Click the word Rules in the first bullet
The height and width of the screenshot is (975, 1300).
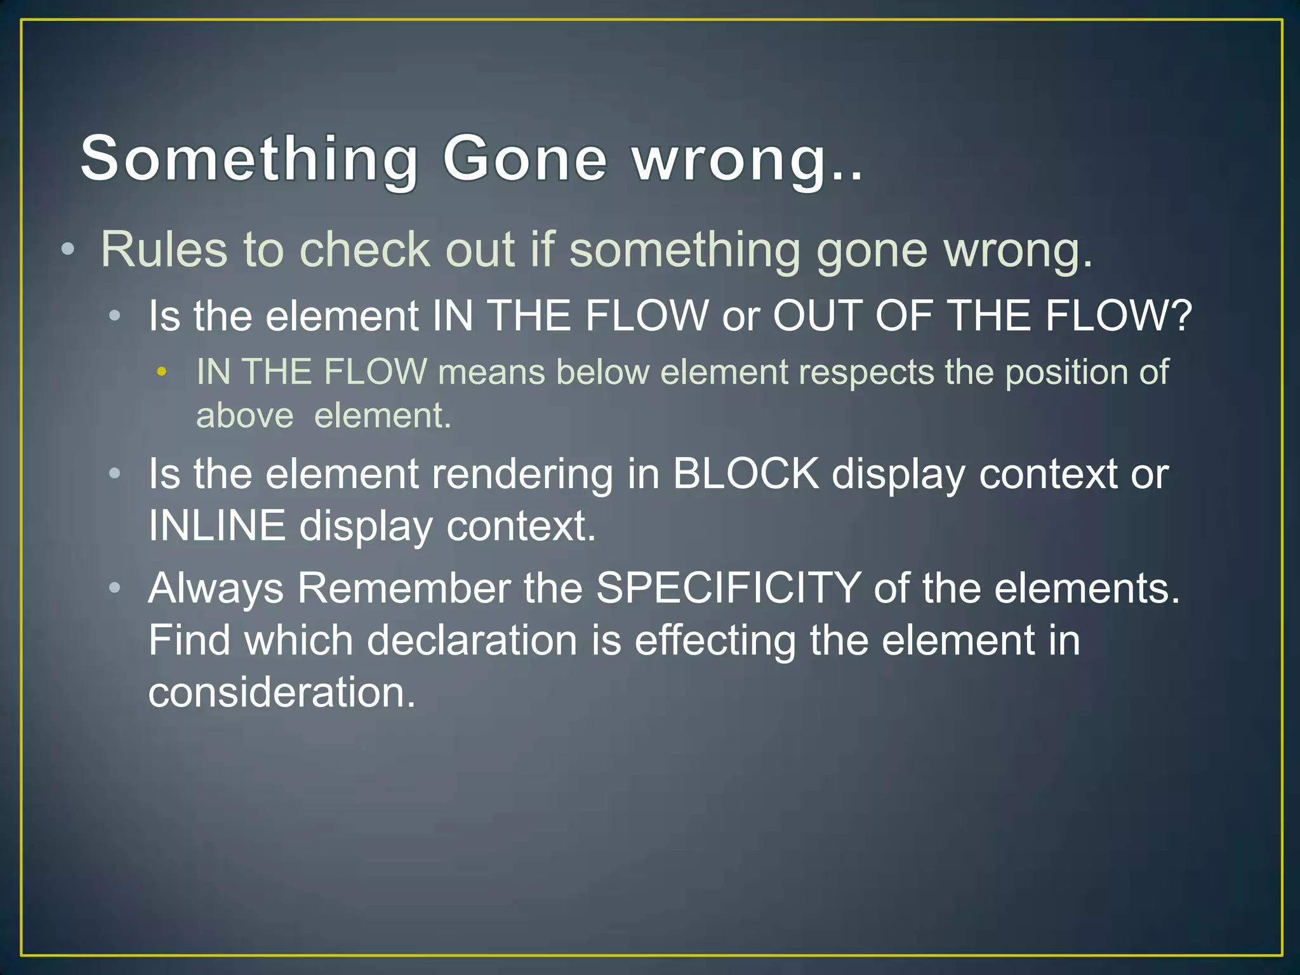[x=164, y=249]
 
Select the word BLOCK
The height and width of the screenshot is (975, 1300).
[x=746, y=474]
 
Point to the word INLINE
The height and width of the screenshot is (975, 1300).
[x=216, y=526]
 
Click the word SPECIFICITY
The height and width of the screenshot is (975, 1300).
[x=728, y=588]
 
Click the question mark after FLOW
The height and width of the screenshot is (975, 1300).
[x=1181, y=315]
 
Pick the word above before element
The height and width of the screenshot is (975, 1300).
[x=245, y=416]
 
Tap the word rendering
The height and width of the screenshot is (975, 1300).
[x=522, y=475]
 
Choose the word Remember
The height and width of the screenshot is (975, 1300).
[x=404, y=588]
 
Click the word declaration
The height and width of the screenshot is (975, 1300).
[x=472, y=640]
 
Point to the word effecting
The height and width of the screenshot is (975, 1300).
[x=715, y=640]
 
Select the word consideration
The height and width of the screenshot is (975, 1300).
[x=281, y=692]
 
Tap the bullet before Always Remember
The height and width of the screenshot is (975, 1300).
[x=114, y=588]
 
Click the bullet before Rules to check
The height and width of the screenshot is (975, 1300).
[x=68, y=249]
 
